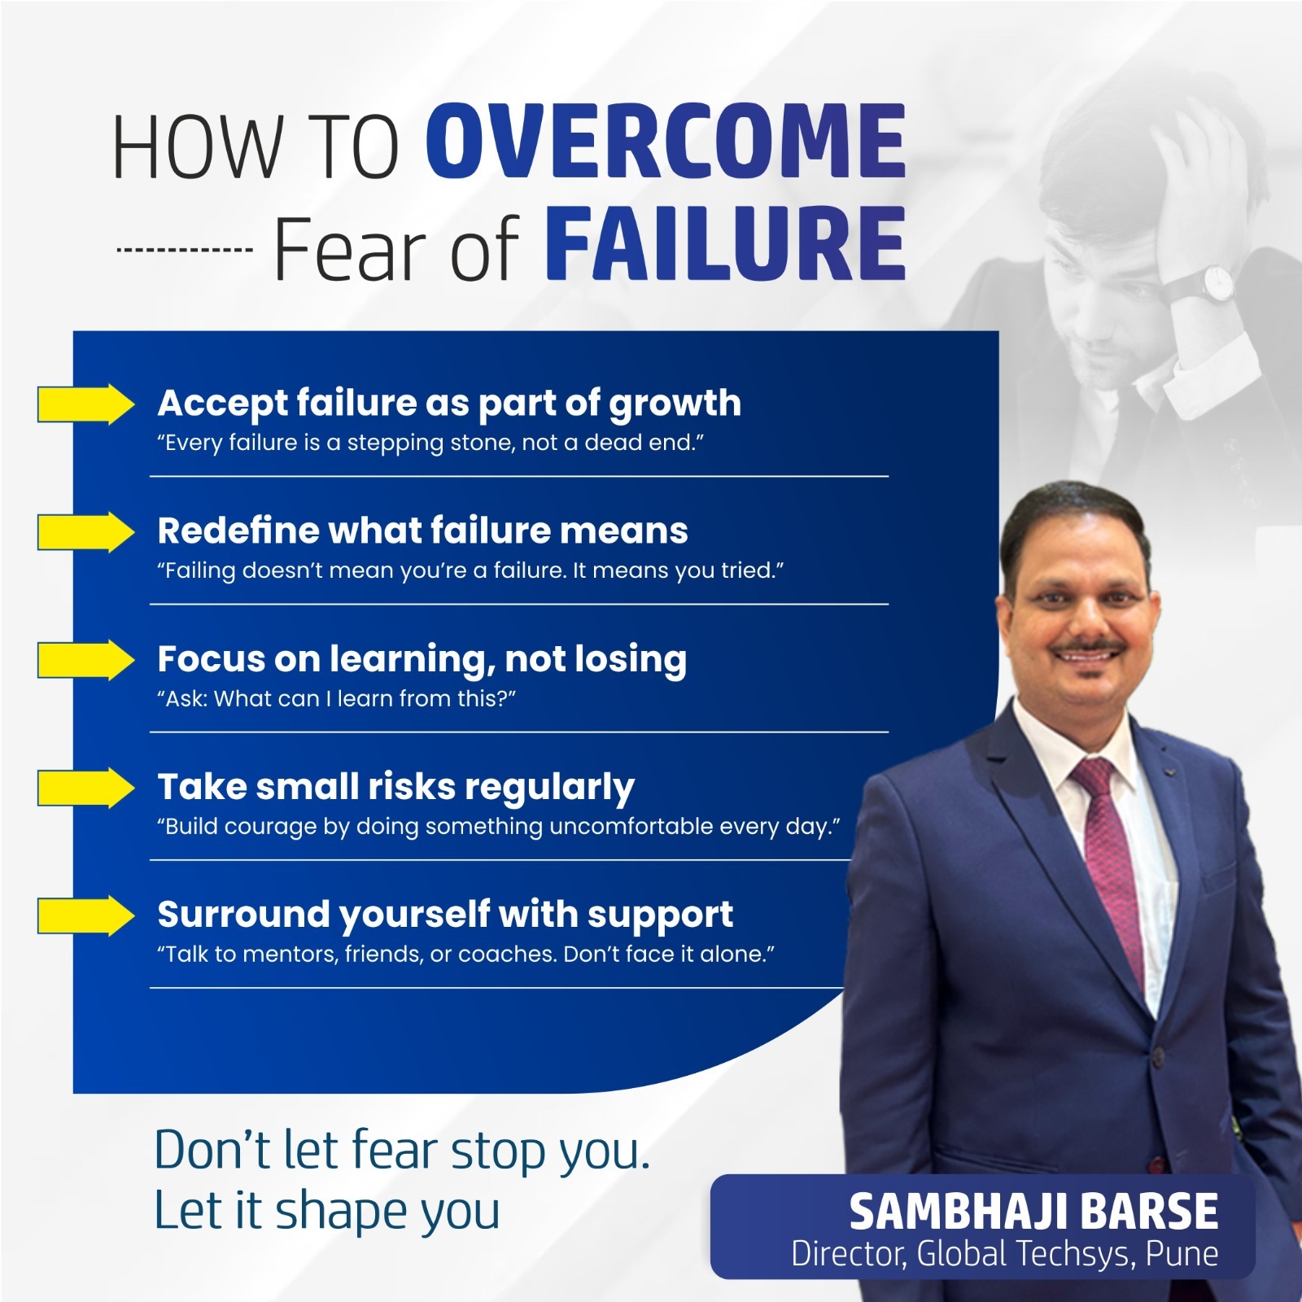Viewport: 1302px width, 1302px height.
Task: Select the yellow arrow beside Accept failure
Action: point(86,404)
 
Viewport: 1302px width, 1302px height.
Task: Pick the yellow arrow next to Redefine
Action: point(86,532)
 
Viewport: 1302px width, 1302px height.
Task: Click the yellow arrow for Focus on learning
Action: point(86,660)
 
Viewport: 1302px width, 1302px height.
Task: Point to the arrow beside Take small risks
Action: point(86,788)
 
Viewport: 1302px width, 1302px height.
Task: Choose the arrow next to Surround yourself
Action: point(86,915)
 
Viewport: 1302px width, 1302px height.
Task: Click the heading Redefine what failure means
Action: point(422,531)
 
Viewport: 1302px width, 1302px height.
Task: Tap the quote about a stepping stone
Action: point(430,443)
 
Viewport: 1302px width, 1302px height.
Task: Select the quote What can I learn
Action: point(336,699)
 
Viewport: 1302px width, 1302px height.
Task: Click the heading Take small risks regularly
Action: point(395,788)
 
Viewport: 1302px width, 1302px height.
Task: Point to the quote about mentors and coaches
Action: point(465,954)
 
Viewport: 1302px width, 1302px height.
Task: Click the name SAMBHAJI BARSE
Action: point(1033,1212)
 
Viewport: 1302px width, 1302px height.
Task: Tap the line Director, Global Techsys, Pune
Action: point(1005,1254)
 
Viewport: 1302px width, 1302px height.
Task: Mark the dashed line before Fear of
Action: point(184,250)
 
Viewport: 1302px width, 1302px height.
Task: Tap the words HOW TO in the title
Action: point(256,147)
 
